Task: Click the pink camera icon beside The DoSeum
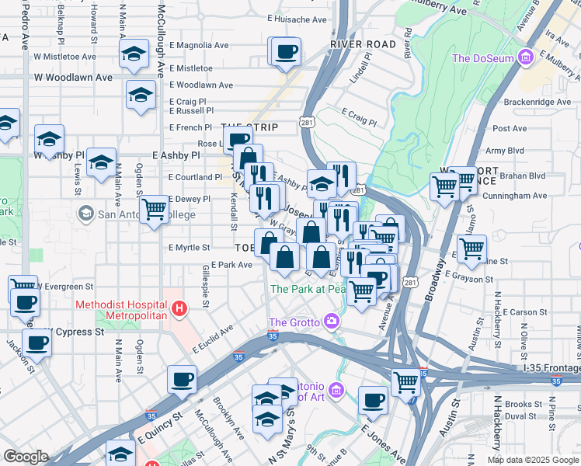pos(526,57)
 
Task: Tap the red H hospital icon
pos(179,310)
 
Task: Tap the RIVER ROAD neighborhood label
pos(363,45)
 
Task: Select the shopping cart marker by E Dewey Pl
pos(154,208)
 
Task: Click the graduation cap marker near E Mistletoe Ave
pos(134,54)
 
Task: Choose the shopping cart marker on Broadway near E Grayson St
pos(471,249)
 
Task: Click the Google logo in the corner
pos(26,457)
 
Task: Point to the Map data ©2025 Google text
pos(533,460)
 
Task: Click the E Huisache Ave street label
pos(297,19)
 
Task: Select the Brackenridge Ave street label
pos(537,102)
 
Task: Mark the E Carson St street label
pos(525,312)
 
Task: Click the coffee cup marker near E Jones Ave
pos(373,401)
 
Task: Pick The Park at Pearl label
pos(308,289)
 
